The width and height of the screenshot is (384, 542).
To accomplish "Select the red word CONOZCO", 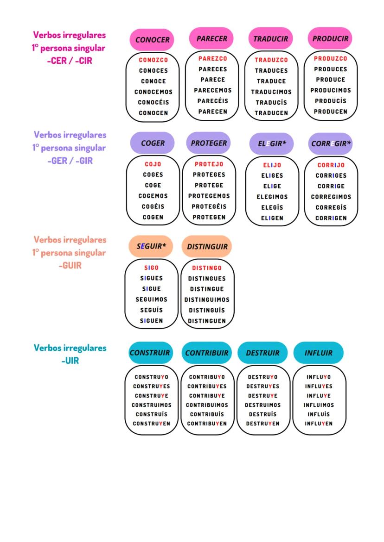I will click(154, 60).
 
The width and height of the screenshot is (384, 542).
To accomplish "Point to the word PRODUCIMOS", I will click(331, 90).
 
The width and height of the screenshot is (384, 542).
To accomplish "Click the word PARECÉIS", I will click(212, 101).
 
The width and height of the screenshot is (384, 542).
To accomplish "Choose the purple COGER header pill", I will click(153, 143).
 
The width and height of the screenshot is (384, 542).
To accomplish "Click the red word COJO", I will click(153, 164).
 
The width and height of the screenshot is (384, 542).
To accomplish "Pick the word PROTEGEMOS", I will click(209, 196).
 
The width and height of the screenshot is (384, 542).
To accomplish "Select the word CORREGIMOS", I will click(331, 197).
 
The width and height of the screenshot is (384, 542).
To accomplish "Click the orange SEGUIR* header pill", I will click(151, 246).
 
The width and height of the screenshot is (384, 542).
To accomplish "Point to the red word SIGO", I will click(152, 268).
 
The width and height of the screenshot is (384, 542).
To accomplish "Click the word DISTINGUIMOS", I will click(207, 299).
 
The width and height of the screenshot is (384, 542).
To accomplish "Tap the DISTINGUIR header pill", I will click(207, 247).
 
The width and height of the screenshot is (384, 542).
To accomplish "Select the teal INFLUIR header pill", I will click(319, 353).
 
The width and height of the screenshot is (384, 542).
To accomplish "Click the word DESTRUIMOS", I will click(262, 405).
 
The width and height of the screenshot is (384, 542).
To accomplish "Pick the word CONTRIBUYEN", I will click(207, 424).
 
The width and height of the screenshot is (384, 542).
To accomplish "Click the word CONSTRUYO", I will click(151, 377).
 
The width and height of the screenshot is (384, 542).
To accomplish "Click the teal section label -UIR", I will click(70, 361).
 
